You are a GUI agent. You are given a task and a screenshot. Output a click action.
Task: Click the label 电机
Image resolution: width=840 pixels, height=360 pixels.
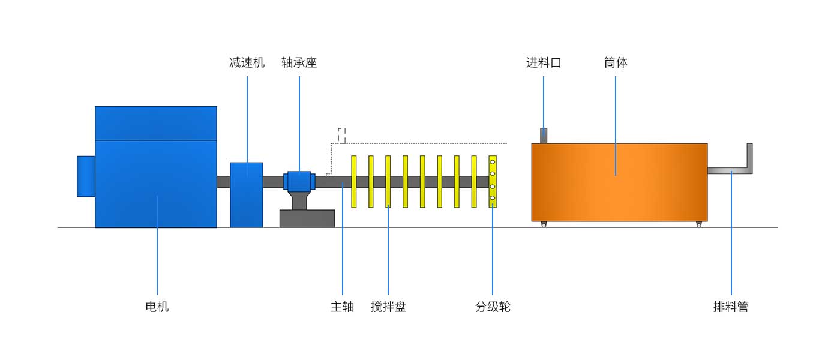157,307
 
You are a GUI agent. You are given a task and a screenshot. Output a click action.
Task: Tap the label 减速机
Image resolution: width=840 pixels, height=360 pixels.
247,62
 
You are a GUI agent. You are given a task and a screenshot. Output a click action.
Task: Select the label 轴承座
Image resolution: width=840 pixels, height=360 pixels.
299,62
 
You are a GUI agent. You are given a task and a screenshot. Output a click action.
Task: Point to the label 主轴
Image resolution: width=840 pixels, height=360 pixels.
343,307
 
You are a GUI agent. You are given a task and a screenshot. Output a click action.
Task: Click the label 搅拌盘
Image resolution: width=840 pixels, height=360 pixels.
388,307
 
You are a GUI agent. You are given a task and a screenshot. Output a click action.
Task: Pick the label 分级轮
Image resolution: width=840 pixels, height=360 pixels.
493,307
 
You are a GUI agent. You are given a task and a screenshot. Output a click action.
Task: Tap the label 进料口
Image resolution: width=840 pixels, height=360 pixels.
544,62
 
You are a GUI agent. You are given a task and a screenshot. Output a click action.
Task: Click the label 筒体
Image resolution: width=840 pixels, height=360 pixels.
616,62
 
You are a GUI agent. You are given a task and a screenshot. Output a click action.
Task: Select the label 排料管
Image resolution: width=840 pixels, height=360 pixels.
731,307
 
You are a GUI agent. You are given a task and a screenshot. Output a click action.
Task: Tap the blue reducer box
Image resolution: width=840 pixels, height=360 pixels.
247,195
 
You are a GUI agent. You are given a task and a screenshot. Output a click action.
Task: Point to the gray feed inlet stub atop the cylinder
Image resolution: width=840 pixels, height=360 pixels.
544,136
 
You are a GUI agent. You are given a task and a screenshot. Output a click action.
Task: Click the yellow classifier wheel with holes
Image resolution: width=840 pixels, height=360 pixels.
493,182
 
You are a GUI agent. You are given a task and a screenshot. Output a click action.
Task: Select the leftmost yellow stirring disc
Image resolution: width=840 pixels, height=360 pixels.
354,182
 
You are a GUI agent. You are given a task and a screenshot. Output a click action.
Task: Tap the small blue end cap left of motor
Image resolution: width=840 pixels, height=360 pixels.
86,176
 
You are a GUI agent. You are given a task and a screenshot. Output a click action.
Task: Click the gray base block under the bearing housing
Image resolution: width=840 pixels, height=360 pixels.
307,218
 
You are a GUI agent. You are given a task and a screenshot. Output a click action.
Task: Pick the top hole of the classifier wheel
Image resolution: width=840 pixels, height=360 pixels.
493,162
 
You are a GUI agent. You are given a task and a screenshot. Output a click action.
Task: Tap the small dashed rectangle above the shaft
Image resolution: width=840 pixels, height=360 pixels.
342,135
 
